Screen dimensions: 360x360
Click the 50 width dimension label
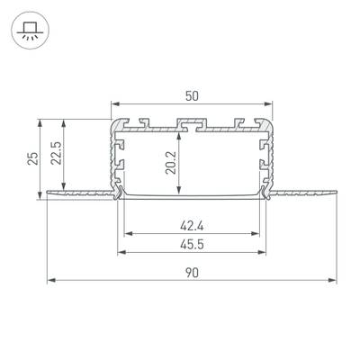(192, 94)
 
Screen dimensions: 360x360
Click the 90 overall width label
(192, 271)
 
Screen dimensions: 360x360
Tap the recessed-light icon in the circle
(31, 33)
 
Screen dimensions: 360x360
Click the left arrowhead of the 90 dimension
(50, 281)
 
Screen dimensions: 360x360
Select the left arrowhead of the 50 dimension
(114, 104)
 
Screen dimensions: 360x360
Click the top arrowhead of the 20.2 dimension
(182, 130)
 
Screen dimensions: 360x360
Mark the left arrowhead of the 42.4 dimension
(125, 235)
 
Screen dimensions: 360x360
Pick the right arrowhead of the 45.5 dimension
(263, 254)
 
